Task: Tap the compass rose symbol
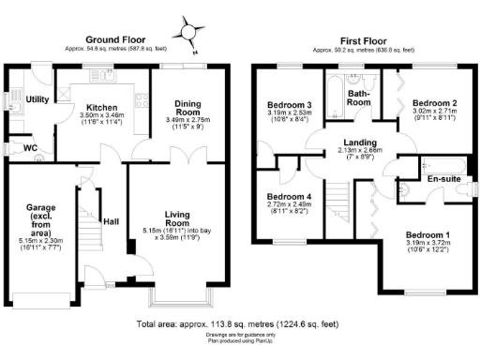click(191, 33)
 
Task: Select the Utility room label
click(37, 99)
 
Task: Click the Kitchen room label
click(99, 107)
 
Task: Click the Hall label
click(111, 222)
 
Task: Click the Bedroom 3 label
click(289, 105)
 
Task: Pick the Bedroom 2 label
click(435, 102)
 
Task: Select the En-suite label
click(443, 179)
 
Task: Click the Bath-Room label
click(359, 97)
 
